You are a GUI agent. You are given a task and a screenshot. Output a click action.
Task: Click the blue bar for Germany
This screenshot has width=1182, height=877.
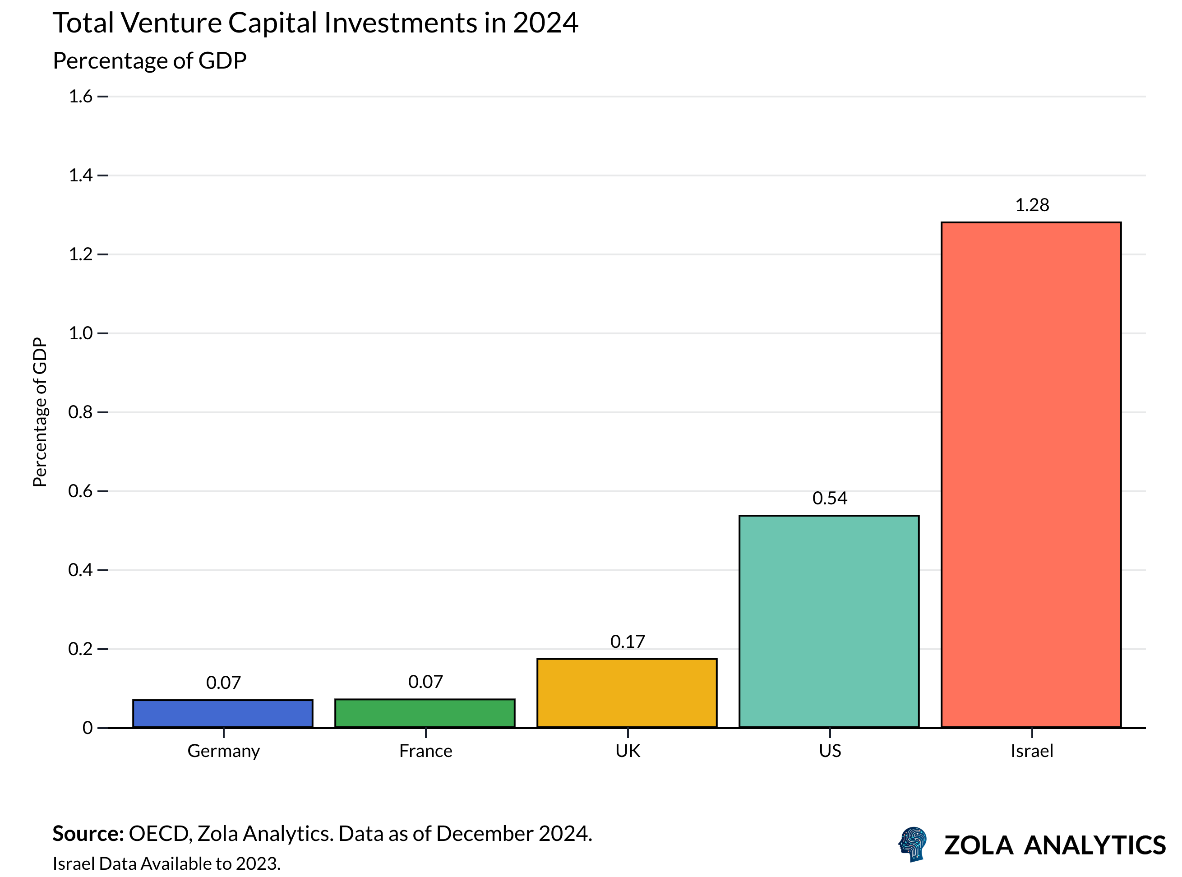coord(223,714)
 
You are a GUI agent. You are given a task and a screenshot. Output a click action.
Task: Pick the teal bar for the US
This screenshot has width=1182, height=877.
coord(829,621)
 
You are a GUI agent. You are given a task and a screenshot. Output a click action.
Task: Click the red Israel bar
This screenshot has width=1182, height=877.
coord(1031,475)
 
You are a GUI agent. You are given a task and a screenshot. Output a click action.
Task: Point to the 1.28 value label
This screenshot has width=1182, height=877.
coord(1032,205)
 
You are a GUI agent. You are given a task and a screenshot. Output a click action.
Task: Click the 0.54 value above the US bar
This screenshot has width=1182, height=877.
coord(830,498)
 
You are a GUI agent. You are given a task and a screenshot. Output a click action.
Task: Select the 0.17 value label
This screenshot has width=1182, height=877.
coord(628,642)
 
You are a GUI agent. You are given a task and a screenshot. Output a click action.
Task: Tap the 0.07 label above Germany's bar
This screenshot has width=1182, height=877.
coord(223,682)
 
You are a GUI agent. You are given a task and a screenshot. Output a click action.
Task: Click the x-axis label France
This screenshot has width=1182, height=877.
coord(426,751)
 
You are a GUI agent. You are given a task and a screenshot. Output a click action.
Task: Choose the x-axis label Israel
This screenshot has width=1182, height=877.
coord(1031,751)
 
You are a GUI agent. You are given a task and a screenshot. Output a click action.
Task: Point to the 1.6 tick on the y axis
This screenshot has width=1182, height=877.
coord(81,96)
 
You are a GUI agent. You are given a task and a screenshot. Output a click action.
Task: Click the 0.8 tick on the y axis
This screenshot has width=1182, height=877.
coord(81,412)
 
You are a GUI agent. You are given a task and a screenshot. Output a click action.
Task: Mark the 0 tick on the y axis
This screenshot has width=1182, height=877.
coord(88,727)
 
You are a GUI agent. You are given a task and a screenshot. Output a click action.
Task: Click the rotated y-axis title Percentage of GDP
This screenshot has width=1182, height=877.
coord(40,412)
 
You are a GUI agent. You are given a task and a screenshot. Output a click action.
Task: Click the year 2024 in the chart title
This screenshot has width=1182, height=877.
coord(545,23)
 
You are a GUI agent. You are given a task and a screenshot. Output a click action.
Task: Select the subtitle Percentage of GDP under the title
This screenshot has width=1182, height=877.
coord(150,60)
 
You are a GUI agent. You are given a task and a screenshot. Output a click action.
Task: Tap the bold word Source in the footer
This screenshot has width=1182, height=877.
coord(88,834)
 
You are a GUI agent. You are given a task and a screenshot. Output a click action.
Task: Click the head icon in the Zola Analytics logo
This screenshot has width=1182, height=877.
coord(912,844)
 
